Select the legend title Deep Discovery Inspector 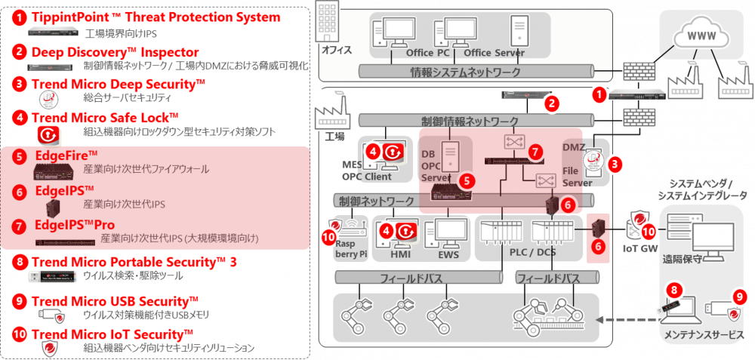[x=115, y=52]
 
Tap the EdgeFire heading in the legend [x=66, y=155]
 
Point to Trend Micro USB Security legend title [x=115, y=301]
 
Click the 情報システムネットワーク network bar [x=464, y=72]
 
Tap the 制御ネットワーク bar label [x=377, y=202]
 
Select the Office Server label [x=494, y=53]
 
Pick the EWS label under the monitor [x=448, y=255]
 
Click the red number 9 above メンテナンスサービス [x=739, y=297]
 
